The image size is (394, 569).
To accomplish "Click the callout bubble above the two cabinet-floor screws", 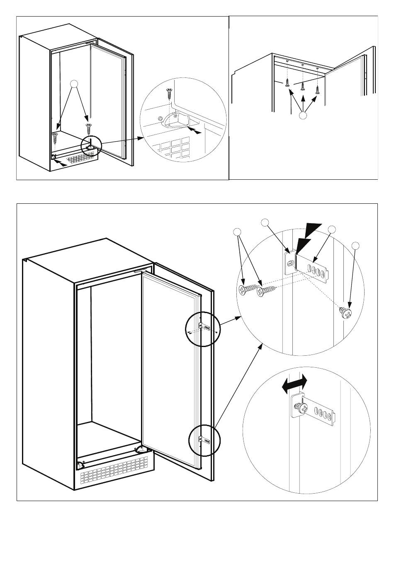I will click(x=74, y=84).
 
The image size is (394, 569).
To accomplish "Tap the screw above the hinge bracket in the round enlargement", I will click(x=169, y=93).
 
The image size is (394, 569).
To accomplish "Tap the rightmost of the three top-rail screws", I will click(x=318, y=89).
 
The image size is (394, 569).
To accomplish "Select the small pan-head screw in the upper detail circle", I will click(x=346, y=312).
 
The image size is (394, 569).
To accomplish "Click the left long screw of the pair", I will click(x=247, y=290).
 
